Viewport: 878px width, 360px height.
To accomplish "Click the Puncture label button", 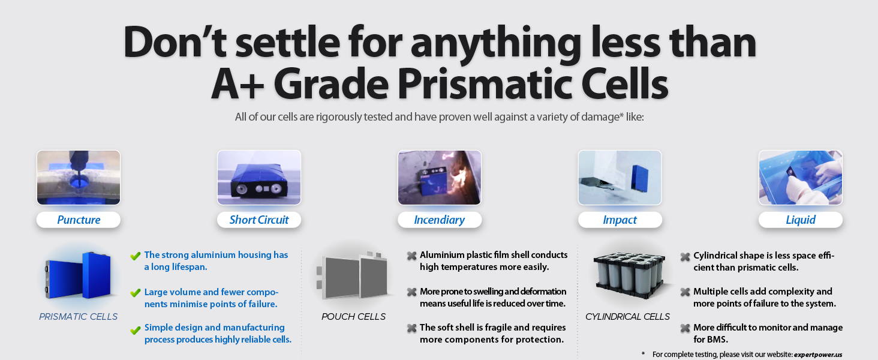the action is [79, 220].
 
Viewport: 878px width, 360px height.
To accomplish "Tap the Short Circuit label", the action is [258, 220].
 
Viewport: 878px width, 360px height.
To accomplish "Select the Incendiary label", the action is [440, 220].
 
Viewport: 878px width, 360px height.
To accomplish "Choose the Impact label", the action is [620, 220].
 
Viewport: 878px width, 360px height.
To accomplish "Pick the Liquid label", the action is [801, 220].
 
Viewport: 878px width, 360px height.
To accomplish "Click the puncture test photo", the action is [79, 178].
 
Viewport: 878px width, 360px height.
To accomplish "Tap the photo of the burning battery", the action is [440, 178].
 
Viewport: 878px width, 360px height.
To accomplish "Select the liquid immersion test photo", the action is [801, 178].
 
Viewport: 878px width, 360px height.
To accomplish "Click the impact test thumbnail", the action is [620, 178].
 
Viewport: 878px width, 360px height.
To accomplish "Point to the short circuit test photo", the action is [259, 178].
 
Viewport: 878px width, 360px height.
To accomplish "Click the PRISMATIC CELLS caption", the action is [79, 316].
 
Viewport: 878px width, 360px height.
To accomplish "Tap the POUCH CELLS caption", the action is [354, 316].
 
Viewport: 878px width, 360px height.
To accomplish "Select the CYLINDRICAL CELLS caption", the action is [627, 316].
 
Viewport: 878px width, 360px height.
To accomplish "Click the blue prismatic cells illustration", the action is [79, 275].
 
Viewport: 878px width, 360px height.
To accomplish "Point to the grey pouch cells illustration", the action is [353, 275].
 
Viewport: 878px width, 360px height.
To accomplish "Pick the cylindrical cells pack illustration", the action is [630, 275].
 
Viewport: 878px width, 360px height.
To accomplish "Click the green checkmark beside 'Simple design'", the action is [135, 330].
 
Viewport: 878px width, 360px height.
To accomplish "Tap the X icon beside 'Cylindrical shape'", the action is [685, 257].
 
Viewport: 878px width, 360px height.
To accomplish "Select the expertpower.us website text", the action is [818, 355].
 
